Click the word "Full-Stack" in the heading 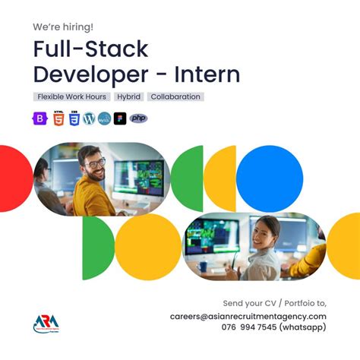(90, 49)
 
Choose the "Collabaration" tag (175, 97)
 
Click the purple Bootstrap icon (39, 118)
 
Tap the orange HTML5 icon (58, 118)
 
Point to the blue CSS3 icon (74, 118)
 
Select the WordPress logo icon (89, 118)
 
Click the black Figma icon (120, 118)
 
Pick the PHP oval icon (138, 118)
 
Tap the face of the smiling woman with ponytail (268, 231)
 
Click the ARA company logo (45, 322)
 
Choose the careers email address (248, 316)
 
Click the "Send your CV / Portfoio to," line (274, 302)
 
